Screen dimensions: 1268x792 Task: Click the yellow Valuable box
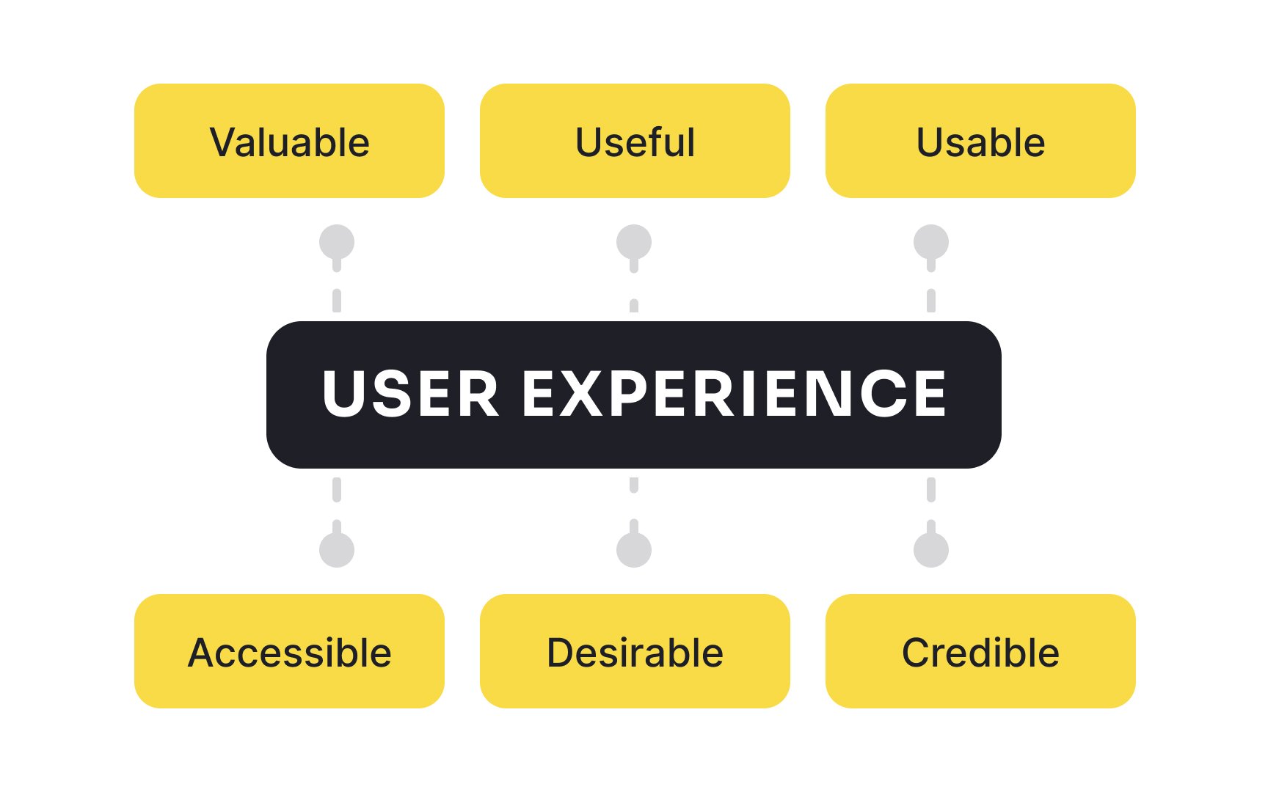(289, 141)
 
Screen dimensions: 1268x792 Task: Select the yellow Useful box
(635, 141)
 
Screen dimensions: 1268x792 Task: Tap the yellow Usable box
(980, 141)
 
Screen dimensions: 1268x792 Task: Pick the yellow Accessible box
(289, 651)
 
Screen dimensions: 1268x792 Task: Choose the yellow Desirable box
(635, 651)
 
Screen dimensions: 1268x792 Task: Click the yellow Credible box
(980, 651)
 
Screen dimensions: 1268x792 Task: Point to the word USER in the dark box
(411, 394)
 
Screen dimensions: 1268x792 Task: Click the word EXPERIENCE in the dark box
(735, 394)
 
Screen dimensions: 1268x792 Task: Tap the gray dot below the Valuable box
(337, 242)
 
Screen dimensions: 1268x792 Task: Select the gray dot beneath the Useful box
(634, 242)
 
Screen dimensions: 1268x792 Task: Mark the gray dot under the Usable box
(931, 242)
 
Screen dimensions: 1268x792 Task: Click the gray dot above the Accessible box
(337, 550)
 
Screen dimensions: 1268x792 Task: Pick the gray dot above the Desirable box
(634, 550)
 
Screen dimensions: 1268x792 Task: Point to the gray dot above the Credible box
(931, 550)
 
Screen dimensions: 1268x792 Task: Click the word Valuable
(290, 142)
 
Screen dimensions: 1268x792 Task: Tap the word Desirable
(635, 653)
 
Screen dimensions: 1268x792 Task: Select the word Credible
(980, 653)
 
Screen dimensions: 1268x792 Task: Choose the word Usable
(981, 142)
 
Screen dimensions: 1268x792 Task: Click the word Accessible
(290, 653)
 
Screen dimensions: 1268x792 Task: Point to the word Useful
(635, 142)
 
